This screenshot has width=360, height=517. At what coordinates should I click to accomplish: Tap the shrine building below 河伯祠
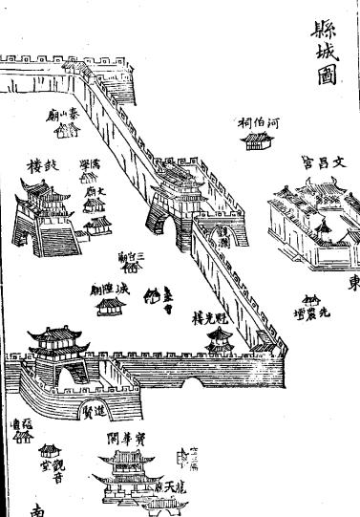point(256,141)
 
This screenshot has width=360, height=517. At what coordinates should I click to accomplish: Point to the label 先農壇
point(307,311)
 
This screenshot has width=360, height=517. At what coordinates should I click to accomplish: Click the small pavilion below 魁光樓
point(221,336)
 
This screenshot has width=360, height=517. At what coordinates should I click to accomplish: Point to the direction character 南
point(38,508)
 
